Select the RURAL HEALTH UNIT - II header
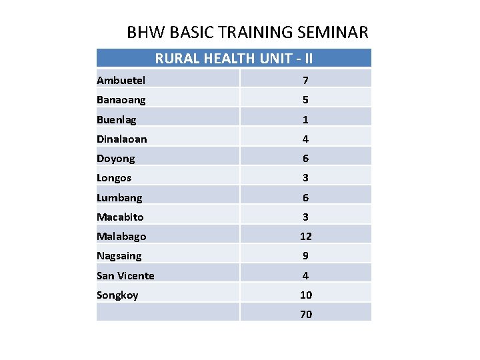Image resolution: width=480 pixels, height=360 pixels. [x=234, y=59]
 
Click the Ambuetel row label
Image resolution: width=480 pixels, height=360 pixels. [x=121, y=81]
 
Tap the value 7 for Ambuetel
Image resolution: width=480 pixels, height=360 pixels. [x=305, y=81]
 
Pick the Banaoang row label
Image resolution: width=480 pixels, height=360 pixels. [x=121, y=100]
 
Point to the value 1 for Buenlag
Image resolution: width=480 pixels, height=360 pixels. [x=305, y=120]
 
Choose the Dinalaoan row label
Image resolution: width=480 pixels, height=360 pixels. [x=122, y=139]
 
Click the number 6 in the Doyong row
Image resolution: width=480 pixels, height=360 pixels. [x=305, y=159]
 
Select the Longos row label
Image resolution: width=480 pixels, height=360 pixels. [x=114, y=178]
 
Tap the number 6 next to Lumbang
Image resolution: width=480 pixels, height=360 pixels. [x=305, y=198]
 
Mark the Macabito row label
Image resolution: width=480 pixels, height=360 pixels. [x=120, y=217]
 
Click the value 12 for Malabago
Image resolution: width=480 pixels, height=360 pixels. [x=305, y=237]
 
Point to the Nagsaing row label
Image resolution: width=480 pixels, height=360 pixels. [x=119, y=256]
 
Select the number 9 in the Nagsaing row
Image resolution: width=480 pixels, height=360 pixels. [x=305, y=256]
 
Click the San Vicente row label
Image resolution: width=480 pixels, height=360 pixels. [x=125, y=276]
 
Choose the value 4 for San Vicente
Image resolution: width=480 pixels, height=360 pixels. [x=305, y=276]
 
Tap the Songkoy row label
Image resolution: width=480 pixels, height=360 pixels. [x=117, y=295]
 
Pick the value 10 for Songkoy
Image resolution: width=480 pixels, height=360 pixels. [x=305, y=295]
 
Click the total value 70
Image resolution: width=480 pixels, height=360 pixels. [x=305, y=315]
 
